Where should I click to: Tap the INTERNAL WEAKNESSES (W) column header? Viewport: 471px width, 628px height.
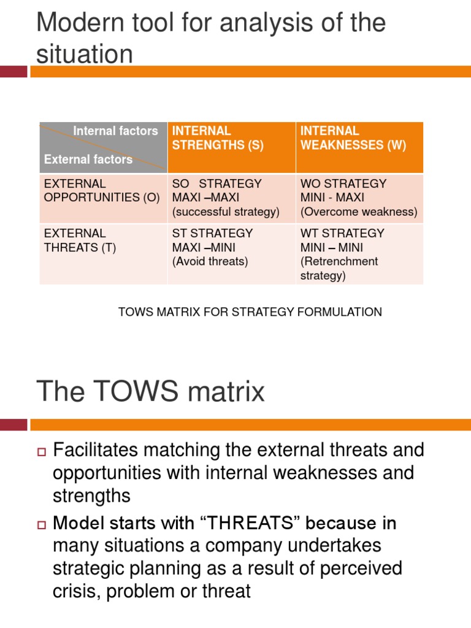click(x=353, y=138)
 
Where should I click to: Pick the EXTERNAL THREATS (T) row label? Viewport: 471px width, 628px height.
click(x=80, y=240)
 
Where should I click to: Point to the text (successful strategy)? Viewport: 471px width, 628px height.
click(x=226, y=212)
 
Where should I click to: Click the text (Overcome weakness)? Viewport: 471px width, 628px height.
click(x=359, y=212)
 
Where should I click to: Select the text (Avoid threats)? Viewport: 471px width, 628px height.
click(x=210, y=262)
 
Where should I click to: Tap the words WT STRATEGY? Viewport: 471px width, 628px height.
click(x=342, y=234)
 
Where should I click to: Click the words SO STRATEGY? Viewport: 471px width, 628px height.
click(x=217, y=184)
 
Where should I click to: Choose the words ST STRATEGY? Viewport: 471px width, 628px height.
click(x=212, y=234)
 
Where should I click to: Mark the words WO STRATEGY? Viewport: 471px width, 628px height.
click(x=343, y=184)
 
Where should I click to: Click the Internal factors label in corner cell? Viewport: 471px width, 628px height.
click(x=115, y=131)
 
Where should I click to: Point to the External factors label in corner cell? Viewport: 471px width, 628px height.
click(x=88, y=159)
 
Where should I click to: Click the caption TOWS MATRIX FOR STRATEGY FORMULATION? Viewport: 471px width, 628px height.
click(x=250, y=312)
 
